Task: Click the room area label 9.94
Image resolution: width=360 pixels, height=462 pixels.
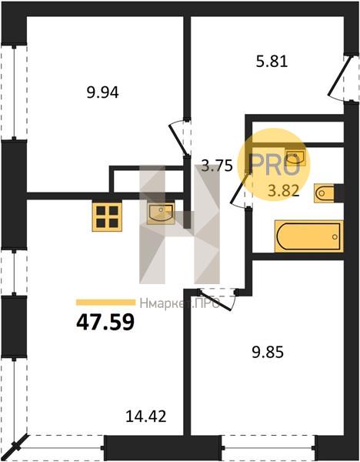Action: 102,93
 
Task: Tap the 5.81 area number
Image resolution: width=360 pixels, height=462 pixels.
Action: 272,62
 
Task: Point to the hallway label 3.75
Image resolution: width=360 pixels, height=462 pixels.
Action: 217,166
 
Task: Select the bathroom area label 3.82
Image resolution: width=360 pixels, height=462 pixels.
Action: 284,191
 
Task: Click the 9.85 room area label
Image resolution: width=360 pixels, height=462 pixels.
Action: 268,352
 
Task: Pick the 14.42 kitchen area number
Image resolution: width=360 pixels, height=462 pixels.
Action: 146,417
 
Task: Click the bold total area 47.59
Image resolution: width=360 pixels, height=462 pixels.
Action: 105,322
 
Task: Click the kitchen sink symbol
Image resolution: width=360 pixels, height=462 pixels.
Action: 161,213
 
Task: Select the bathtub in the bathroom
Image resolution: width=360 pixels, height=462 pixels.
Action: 308,236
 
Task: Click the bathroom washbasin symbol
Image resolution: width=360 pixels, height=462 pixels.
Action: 295,156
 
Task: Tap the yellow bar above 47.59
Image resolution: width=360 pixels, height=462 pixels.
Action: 105,303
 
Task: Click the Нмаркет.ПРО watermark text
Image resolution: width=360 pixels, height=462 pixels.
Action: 180,303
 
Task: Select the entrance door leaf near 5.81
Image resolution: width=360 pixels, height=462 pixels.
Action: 340,75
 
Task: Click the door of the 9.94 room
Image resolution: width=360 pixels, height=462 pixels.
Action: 178,139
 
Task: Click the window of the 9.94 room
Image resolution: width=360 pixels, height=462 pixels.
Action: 14,92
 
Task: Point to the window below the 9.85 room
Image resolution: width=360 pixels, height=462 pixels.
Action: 268,448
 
